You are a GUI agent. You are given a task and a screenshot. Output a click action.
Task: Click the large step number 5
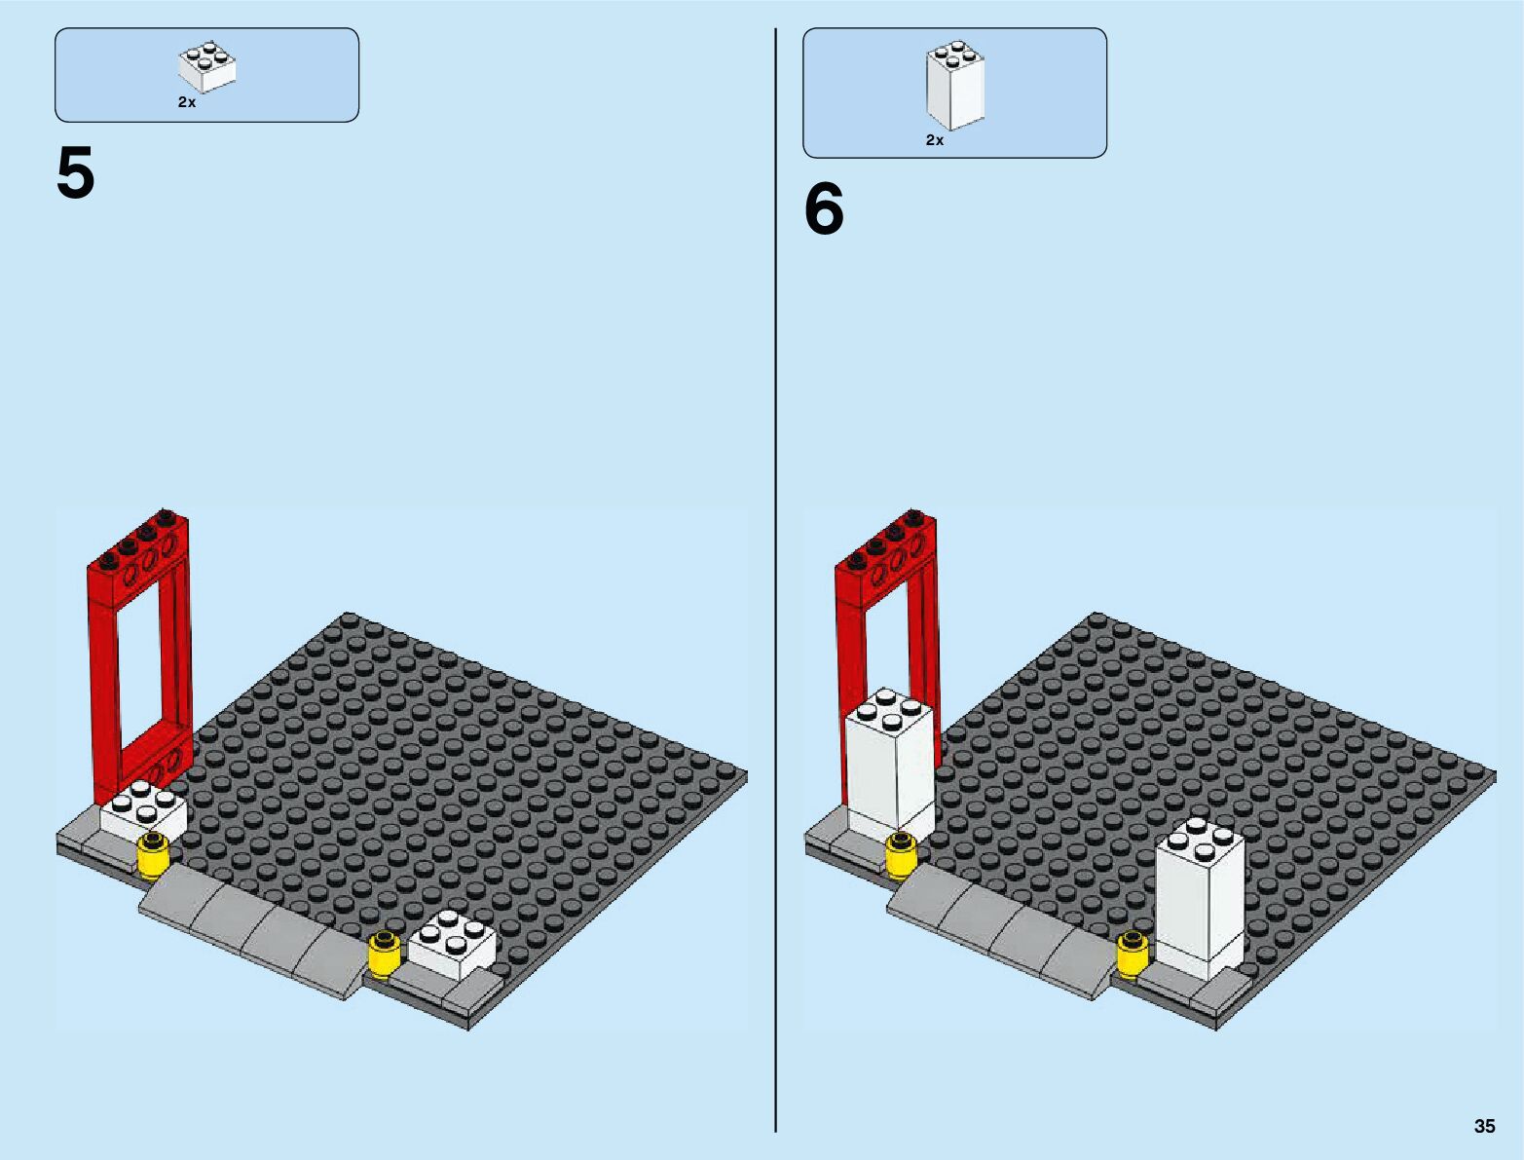pos(75,172)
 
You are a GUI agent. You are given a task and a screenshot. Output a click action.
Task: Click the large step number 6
pos(824,209)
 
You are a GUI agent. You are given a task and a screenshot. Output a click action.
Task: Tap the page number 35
pos(1484,1126)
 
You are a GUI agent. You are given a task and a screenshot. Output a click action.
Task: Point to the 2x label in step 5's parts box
pos(187,102)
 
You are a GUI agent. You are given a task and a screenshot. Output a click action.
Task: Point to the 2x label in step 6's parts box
pos(935,140)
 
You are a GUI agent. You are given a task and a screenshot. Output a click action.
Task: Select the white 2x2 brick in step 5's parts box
pos(206,67)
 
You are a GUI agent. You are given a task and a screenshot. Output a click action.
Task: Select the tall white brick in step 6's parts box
pos(954,85)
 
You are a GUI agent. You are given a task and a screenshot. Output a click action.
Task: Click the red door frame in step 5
pos(139,653)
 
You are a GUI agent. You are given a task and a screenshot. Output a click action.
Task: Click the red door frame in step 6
pos(885,624)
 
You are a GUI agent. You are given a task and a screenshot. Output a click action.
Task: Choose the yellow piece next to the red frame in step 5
pos(154,857)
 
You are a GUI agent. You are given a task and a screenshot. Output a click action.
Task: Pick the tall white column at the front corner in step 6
pos(1200,900)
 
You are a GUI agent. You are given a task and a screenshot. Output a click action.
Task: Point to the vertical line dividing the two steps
pos(775,580)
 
